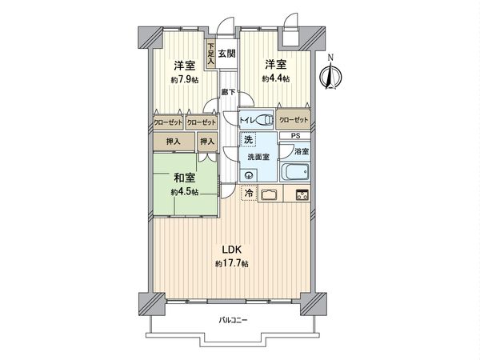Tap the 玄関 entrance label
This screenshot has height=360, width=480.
point(226,54)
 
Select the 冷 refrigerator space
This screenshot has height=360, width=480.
point(248,194)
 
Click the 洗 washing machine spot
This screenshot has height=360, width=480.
point(248,141)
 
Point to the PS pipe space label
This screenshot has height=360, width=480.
point(295,135)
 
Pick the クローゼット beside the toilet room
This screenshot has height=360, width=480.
point(294,121)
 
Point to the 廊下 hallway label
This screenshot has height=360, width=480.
point(227,93)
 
